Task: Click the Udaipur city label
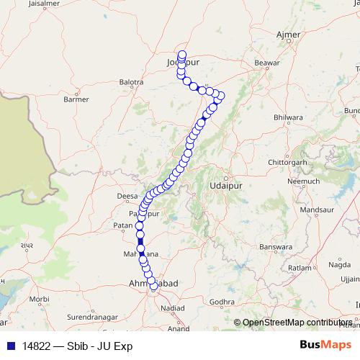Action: (x=222, y=185)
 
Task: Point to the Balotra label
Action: (x=132, y=82)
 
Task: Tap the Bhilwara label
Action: (x=288, y=117)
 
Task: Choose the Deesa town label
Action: (x=126, y=195)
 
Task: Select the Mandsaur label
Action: (x=312, y=210)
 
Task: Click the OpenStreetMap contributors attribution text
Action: (x=297, y=323)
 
